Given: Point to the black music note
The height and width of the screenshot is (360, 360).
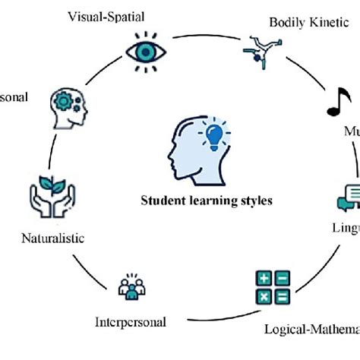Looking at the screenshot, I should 333,104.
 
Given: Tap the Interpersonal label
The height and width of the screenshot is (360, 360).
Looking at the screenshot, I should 130,321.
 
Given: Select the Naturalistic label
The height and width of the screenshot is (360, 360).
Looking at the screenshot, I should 52,238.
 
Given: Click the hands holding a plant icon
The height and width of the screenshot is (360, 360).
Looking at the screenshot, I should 53,197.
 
